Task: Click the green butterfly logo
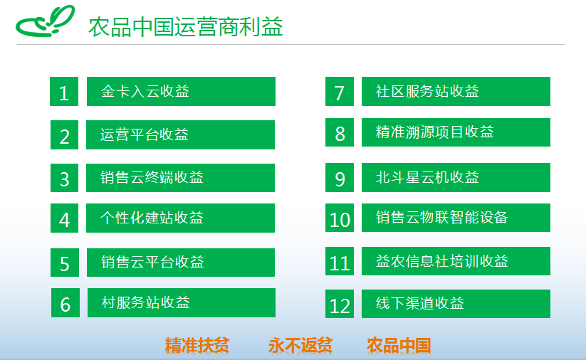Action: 45,21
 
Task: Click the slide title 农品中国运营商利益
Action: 185,27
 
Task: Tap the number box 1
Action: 64,92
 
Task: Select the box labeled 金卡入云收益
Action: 182,92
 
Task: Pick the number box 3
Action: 64,178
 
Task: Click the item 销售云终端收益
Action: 181,178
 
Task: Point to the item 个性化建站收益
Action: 181,218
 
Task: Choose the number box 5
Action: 65,263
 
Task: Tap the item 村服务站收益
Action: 182,302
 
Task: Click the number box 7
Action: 340,92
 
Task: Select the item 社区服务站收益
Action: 456,92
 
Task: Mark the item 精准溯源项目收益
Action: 456,132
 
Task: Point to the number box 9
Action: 340,177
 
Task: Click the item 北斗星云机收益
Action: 456,177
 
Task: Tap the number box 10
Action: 340,218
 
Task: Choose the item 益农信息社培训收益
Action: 456,261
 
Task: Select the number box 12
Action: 340,304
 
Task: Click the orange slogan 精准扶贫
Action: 197,345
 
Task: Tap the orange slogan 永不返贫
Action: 300,345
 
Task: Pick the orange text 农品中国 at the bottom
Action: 399,345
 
